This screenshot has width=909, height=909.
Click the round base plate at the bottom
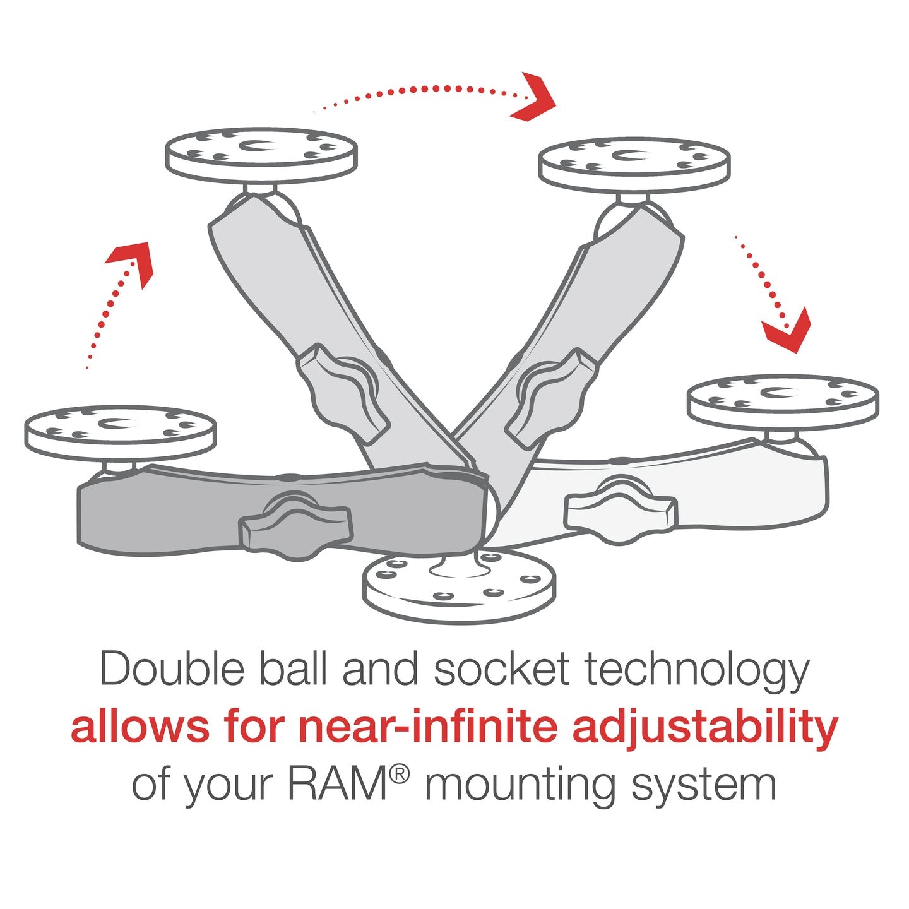[460, 586]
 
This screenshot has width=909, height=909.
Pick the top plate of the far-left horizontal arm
[120, 432]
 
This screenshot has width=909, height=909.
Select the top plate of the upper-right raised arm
[634, 163]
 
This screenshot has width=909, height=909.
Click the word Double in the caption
[172, 669]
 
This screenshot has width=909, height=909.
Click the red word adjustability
[705, 728]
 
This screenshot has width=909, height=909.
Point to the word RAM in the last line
[336, 785]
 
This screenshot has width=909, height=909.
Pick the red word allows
[140, 727]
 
